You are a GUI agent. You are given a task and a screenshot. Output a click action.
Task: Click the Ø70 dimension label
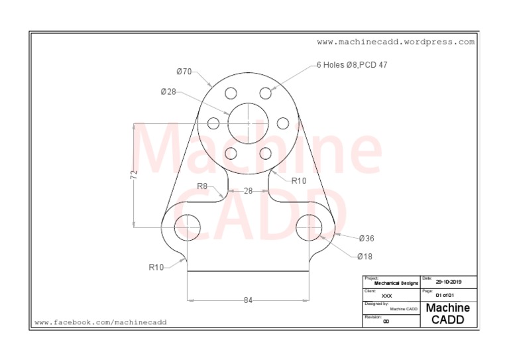pyautogui.click(x=184, y=72)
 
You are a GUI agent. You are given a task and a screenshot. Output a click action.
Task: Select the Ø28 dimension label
pyautogui.click(x=168, y=92)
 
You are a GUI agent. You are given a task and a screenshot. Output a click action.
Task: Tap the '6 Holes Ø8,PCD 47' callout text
pyautogui.click(x=352, y=66)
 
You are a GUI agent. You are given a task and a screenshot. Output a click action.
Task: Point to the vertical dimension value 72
pyautogui.click(x=134, y=175)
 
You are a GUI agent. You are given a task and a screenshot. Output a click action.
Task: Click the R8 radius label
pyautogui.click(x=202, y=186)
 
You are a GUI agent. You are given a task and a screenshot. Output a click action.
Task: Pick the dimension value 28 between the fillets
pyautogui.click(x=248, y=191)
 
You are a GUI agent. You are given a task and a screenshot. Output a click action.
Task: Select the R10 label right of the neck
pyautogui.click(x=299, y=180)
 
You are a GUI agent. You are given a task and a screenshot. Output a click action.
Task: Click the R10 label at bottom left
pyautogui.click(x=156, y=267)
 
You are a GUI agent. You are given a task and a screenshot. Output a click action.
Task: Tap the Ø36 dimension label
pyautogui.click(x=367, y=238)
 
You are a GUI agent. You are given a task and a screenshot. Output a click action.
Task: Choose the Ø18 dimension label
pyautogui.click(x=365, y=257)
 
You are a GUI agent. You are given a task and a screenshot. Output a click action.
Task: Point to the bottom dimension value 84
pyautogui.click(x=248, y=300)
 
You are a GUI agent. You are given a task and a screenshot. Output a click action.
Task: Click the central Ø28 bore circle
pyautogui.click(x=248, y=123)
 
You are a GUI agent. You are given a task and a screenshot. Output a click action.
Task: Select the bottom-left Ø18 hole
pyautogui.click(x=187, y=227)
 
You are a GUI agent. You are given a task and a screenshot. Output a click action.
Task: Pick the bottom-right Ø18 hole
pyautogui.click(x=309, y=227)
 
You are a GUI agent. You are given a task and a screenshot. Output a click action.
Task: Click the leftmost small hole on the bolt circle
pyautogui.click(x=213, y=123)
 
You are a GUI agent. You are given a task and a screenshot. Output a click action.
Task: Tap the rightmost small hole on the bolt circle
pyautogui.click(x=282, y=123)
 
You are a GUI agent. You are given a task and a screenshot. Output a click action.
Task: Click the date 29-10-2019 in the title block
pyautogui.click(x=449, y=282)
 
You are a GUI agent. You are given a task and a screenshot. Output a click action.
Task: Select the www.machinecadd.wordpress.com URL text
pyautogui.click(x=396, y=42)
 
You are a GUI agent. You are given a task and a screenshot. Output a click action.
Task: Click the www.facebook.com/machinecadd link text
pyautogui.click(x=101, y=322)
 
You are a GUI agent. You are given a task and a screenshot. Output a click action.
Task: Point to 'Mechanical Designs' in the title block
pyautogui.click(x=396, y=283)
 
